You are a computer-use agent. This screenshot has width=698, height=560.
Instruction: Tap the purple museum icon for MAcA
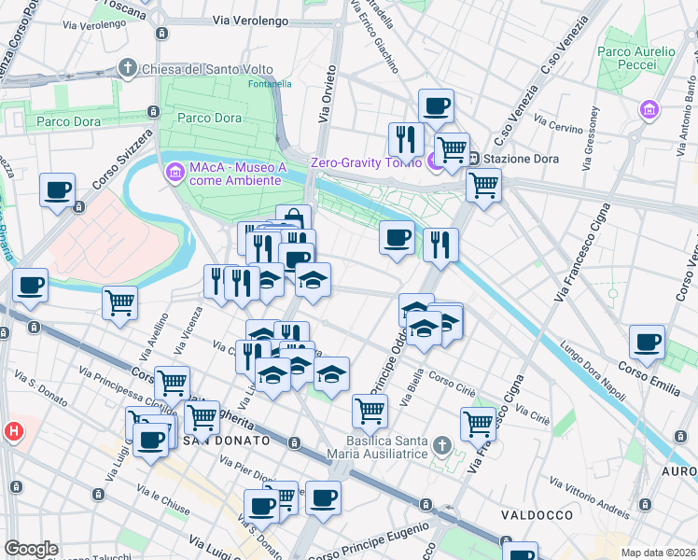pyautogui.click(x=174, y=173)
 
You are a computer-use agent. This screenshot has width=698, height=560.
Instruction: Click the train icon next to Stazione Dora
pyautogui.click(x=474, y=159)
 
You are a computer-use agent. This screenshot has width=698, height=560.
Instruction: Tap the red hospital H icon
pyautogui.click(x=13, y=431)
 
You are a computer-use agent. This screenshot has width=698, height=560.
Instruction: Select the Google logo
pyautogui.click(x=31, y=549)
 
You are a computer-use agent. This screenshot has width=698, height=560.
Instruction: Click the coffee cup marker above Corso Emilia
pyautogui.click(x=647, y=342)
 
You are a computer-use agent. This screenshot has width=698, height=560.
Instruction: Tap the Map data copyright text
pyautogui.click(x=657, y=553)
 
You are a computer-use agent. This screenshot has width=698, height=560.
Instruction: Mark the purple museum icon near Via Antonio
pyautogui.click(x=649, y=110)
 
